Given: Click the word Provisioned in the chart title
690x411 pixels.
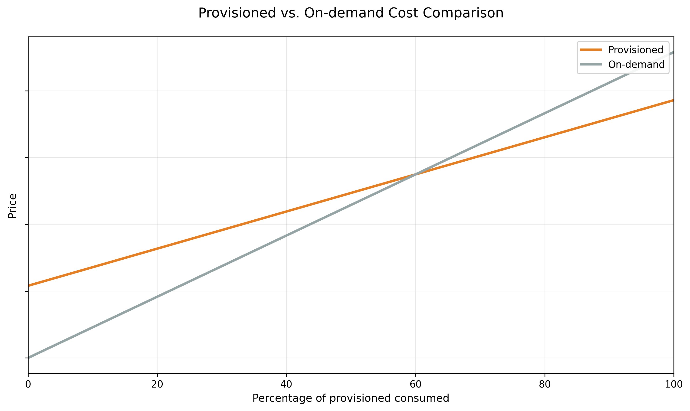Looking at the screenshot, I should pyautogui.click(x=237, y=13).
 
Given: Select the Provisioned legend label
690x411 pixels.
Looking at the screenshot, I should pyautogui.click(x=635, y=50).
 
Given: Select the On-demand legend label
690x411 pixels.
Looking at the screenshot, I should pyautogui.click(x=636, y=65).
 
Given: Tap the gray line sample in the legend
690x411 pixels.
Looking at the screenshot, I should pyautogui.click(x=591, y=65).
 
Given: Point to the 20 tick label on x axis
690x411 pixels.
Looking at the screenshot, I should pyautogui.click(x=157, y=384).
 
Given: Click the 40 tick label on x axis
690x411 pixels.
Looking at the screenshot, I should pyautogui.click(x=286, y=384).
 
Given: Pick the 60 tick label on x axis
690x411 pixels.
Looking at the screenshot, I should pyautogui.click(x=415, y=384).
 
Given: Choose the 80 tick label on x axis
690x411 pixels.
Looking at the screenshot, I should pyautogui.click(x=545, y=384).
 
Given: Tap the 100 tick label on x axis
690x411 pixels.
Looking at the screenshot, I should pyautogui.click(x=673, y=384).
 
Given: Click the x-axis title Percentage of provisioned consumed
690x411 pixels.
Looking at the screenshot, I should pyautogui.click(x=351, y=398).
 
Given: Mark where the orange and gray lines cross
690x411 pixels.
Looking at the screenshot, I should pyautogui.click(x=415, y=174).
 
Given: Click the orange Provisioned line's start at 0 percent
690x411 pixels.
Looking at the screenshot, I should pyautogui.click(x=29, y=285).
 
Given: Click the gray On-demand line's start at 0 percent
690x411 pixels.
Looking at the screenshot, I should pyautogui.click(x=29, y=358).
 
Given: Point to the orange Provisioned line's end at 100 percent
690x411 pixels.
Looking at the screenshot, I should pyautogui.click(x=673, y=100).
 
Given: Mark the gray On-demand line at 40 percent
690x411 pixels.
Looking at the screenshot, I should pyautogui.click(x=286, y=236).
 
